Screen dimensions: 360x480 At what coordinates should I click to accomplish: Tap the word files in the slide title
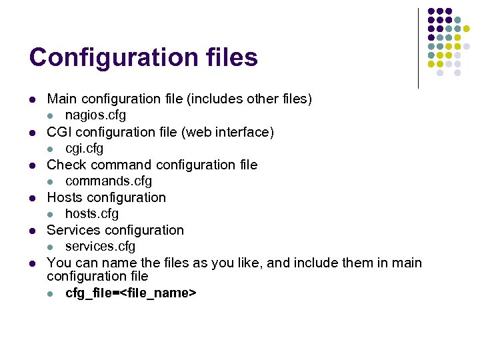tap(228, 57)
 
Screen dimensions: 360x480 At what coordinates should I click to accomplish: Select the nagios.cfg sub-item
tap(95, 115)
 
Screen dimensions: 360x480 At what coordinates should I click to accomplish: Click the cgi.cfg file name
tap(84, 148)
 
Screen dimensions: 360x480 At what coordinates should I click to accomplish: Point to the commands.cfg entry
tap(109, 181)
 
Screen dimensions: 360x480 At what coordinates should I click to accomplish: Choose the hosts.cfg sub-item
tap(92, 213)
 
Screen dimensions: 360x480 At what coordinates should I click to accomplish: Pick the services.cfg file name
tap(100, 246)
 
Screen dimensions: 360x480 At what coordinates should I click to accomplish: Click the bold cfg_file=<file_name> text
tap(131, 293)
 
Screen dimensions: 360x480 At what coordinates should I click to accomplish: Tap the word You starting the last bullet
tap(58, 263)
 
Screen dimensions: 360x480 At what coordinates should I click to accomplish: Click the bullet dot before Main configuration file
tap(31, 100)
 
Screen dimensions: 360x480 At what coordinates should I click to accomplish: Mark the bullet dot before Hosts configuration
tap(31, 198)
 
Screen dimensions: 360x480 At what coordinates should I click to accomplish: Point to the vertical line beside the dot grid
tap(418, 48)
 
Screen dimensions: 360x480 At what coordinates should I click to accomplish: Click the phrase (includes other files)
tap(249, 99)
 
